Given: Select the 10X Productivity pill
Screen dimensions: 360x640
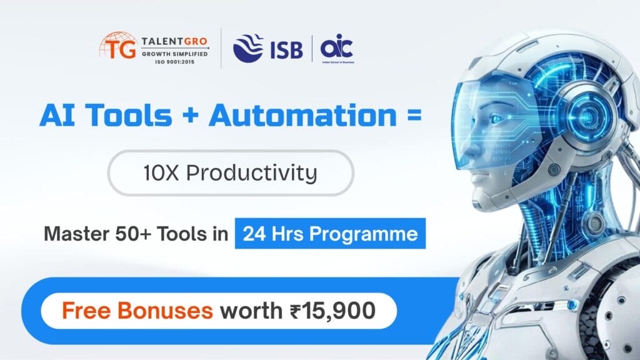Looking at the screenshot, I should [231, 172].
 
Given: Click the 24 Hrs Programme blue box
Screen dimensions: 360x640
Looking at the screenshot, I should [330, 234].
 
